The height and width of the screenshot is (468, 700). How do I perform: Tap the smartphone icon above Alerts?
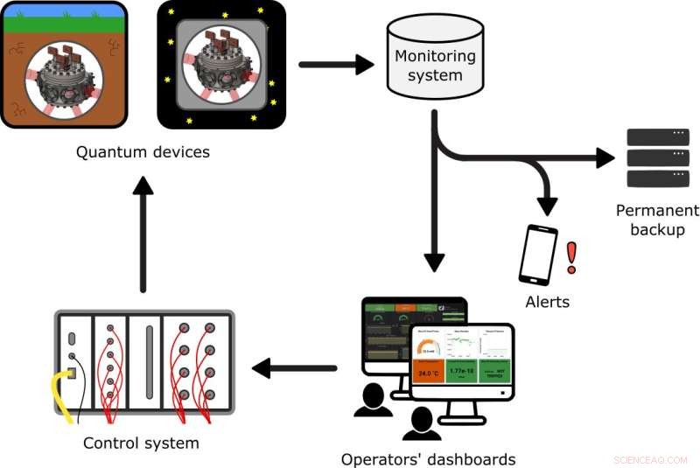[539, 255]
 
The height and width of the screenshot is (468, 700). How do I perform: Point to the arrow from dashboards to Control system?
[294, 368]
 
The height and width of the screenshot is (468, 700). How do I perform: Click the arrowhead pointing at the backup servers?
[605, 158]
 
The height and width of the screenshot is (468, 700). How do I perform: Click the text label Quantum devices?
[143, 152]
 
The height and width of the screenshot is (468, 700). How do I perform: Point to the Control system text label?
[141, 443]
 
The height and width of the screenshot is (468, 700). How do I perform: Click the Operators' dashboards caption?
[428, 458]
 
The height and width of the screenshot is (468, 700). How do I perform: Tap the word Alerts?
[547, 302]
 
